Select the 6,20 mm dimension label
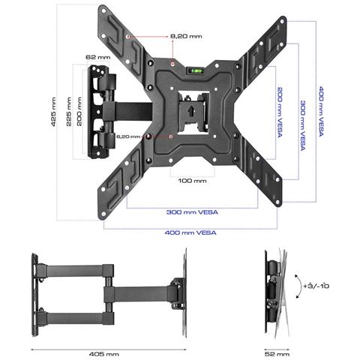tap(129, 136)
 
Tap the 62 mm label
tap(92, 56)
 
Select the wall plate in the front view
tap(100, 112)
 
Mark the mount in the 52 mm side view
tap(274, 291)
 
